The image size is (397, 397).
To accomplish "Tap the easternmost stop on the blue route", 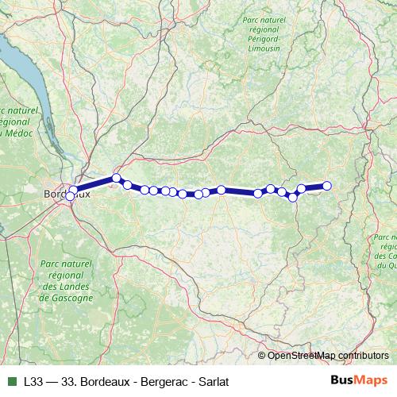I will (326, 187).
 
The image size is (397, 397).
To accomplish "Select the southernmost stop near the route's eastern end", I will (293, 198).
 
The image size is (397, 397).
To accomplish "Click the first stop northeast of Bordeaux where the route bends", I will (117, 179).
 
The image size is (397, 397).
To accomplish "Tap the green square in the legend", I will (10, 382).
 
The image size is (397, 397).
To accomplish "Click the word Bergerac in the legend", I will (164, 382).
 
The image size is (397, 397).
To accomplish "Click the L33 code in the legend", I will (33, 382).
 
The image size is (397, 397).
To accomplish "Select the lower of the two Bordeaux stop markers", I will (71, 196).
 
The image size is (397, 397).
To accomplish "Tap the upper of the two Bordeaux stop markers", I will (74, 190).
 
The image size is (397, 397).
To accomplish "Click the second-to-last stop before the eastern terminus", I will (302, 189).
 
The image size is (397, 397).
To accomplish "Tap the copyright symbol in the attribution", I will (263, 356).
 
